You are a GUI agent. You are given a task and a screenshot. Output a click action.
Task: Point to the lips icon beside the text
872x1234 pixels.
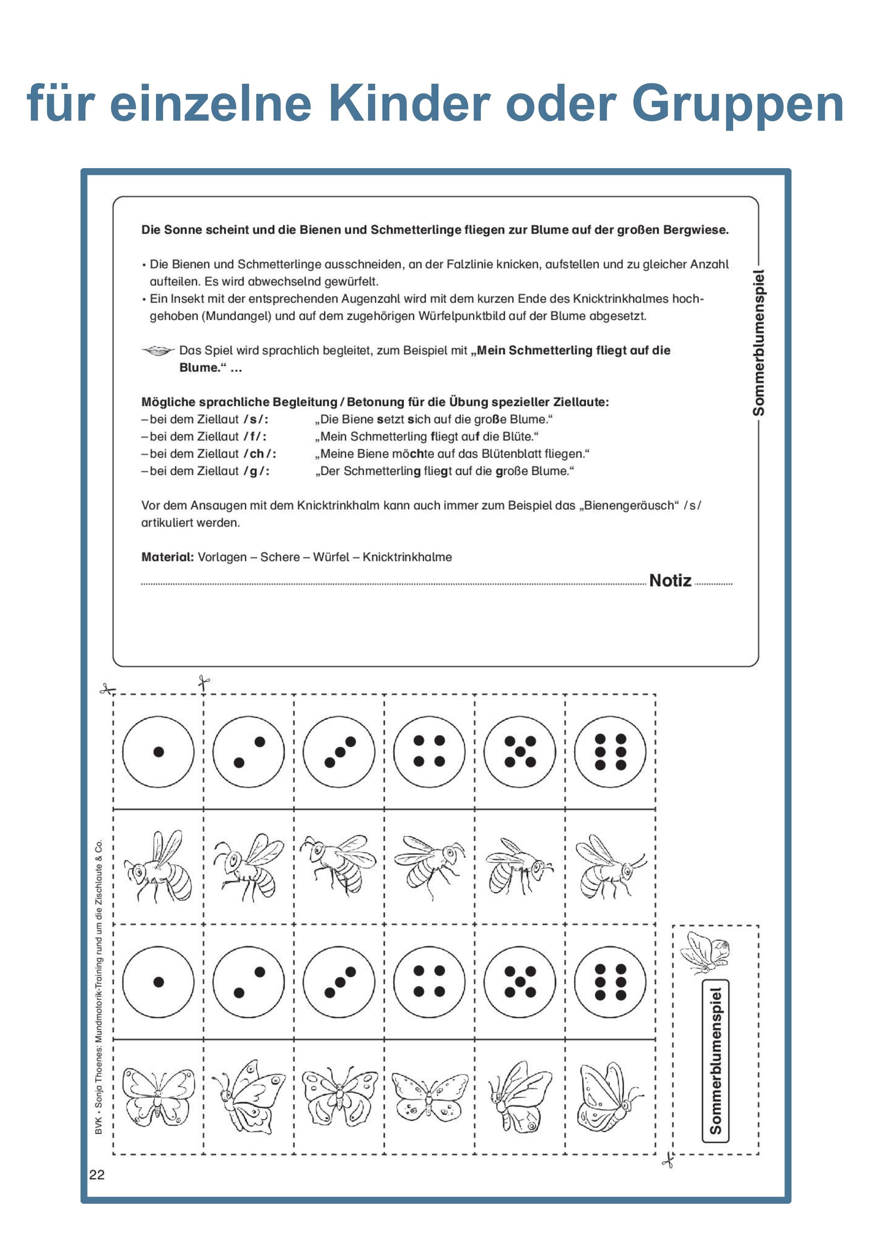coord(158,351)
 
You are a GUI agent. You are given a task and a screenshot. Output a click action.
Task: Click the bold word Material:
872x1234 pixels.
coord(167,557)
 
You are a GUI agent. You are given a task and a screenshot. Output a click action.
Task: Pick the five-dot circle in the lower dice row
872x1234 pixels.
coord(520,982)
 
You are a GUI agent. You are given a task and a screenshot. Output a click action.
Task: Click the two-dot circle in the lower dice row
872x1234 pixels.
coord(249,982)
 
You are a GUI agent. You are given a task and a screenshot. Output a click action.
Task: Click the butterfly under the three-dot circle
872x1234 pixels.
coord(339,1096)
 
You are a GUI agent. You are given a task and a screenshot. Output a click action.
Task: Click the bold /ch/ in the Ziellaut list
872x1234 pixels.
coord(260,454)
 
